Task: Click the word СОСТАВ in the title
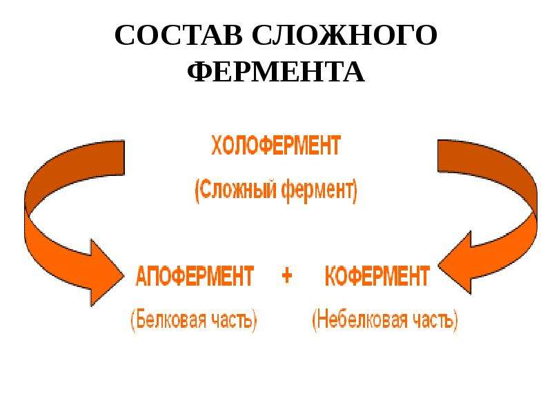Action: [x=178, y=35]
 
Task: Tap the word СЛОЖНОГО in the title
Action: [x=344, y=35]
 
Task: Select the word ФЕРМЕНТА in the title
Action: [x=275, y=72]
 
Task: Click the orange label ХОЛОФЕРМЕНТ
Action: [x=276, y=146]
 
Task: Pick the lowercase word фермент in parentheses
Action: [x=317, y=191]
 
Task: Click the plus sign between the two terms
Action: [x=287, y=275]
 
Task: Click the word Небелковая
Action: [x=364, y=319]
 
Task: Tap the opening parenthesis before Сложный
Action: [x=197, y=192]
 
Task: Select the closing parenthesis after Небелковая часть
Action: [x=456, y=320]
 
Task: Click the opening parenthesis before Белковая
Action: [x=133, y=320]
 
